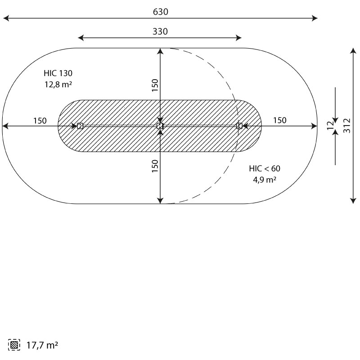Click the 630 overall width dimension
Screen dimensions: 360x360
[161, 12]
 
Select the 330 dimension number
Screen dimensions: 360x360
[160, 31]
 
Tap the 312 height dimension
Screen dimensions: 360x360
[347, 126]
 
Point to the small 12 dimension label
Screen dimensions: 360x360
[330, 126]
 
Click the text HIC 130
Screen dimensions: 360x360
[58, 73]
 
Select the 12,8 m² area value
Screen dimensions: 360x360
[58, 85]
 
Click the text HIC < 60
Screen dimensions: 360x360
[265, 168]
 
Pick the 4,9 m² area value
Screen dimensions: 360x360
[265, 180]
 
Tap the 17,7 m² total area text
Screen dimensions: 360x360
[42, 345]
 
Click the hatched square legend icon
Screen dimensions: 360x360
[14, 345]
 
